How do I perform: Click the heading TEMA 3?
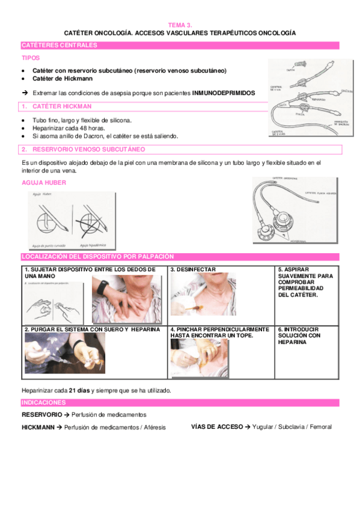(x=180, y=25)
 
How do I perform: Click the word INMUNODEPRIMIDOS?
(x=223, y=93)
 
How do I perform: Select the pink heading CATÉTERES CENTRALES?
(x=59, y=45)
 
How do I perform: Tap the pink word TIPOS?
(x=31, y=58)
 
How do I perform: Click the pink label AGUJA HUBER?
(x=43, y=182)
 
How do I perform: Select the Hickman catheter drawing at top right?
(x=308, y=96)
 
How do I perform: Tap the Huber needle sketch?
(x=71, y=220)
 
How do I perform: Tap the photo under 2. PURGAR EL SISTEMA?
(x=64, y=353)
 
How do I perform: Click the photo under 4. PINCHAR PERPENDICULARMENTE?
(x=191, y=354)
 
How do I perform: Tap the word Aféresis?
(x=151, y=427)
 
